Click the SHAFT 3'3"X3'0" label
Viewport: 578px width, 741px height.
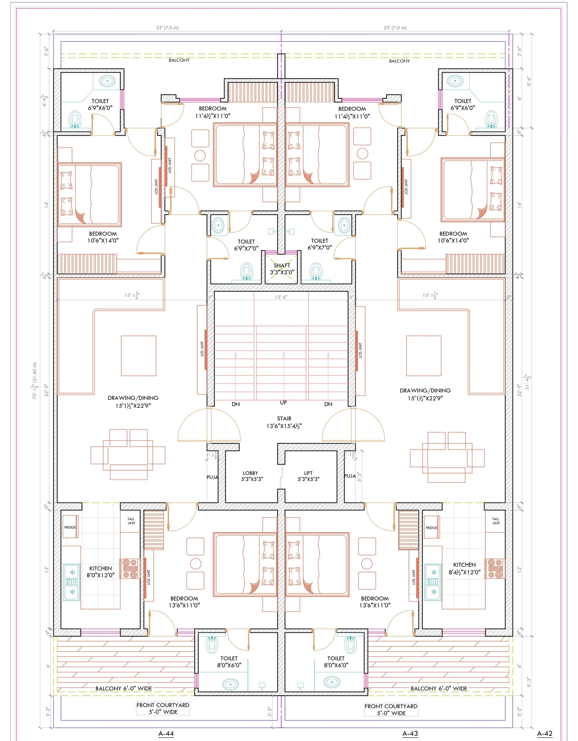(x=282, y=269)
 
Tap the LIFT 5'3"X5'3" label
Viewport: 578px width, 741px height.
(x=308, y=476)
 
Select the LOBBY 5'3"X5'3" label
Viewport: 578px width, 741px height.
(x=251, y=476)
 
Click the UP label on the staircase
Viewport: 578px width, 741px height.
(x=283, y=403)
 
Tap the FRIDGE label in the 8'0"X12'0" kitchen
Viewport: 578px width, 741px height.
(x=70, y=528)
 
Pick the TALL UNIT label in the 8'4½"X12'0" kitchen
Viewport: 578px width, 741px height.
(x=496, y=521)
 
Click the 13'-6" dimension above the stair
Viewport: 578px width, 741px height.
(x=281, y=297)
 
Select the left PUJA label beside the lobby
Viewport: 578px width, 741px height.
(x=212, y=477)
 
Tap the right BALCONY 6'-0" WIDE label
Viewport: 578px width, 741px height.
(x=439, y=688)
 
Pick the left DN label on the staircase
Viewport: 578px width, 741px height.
(x=236, y=404)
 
